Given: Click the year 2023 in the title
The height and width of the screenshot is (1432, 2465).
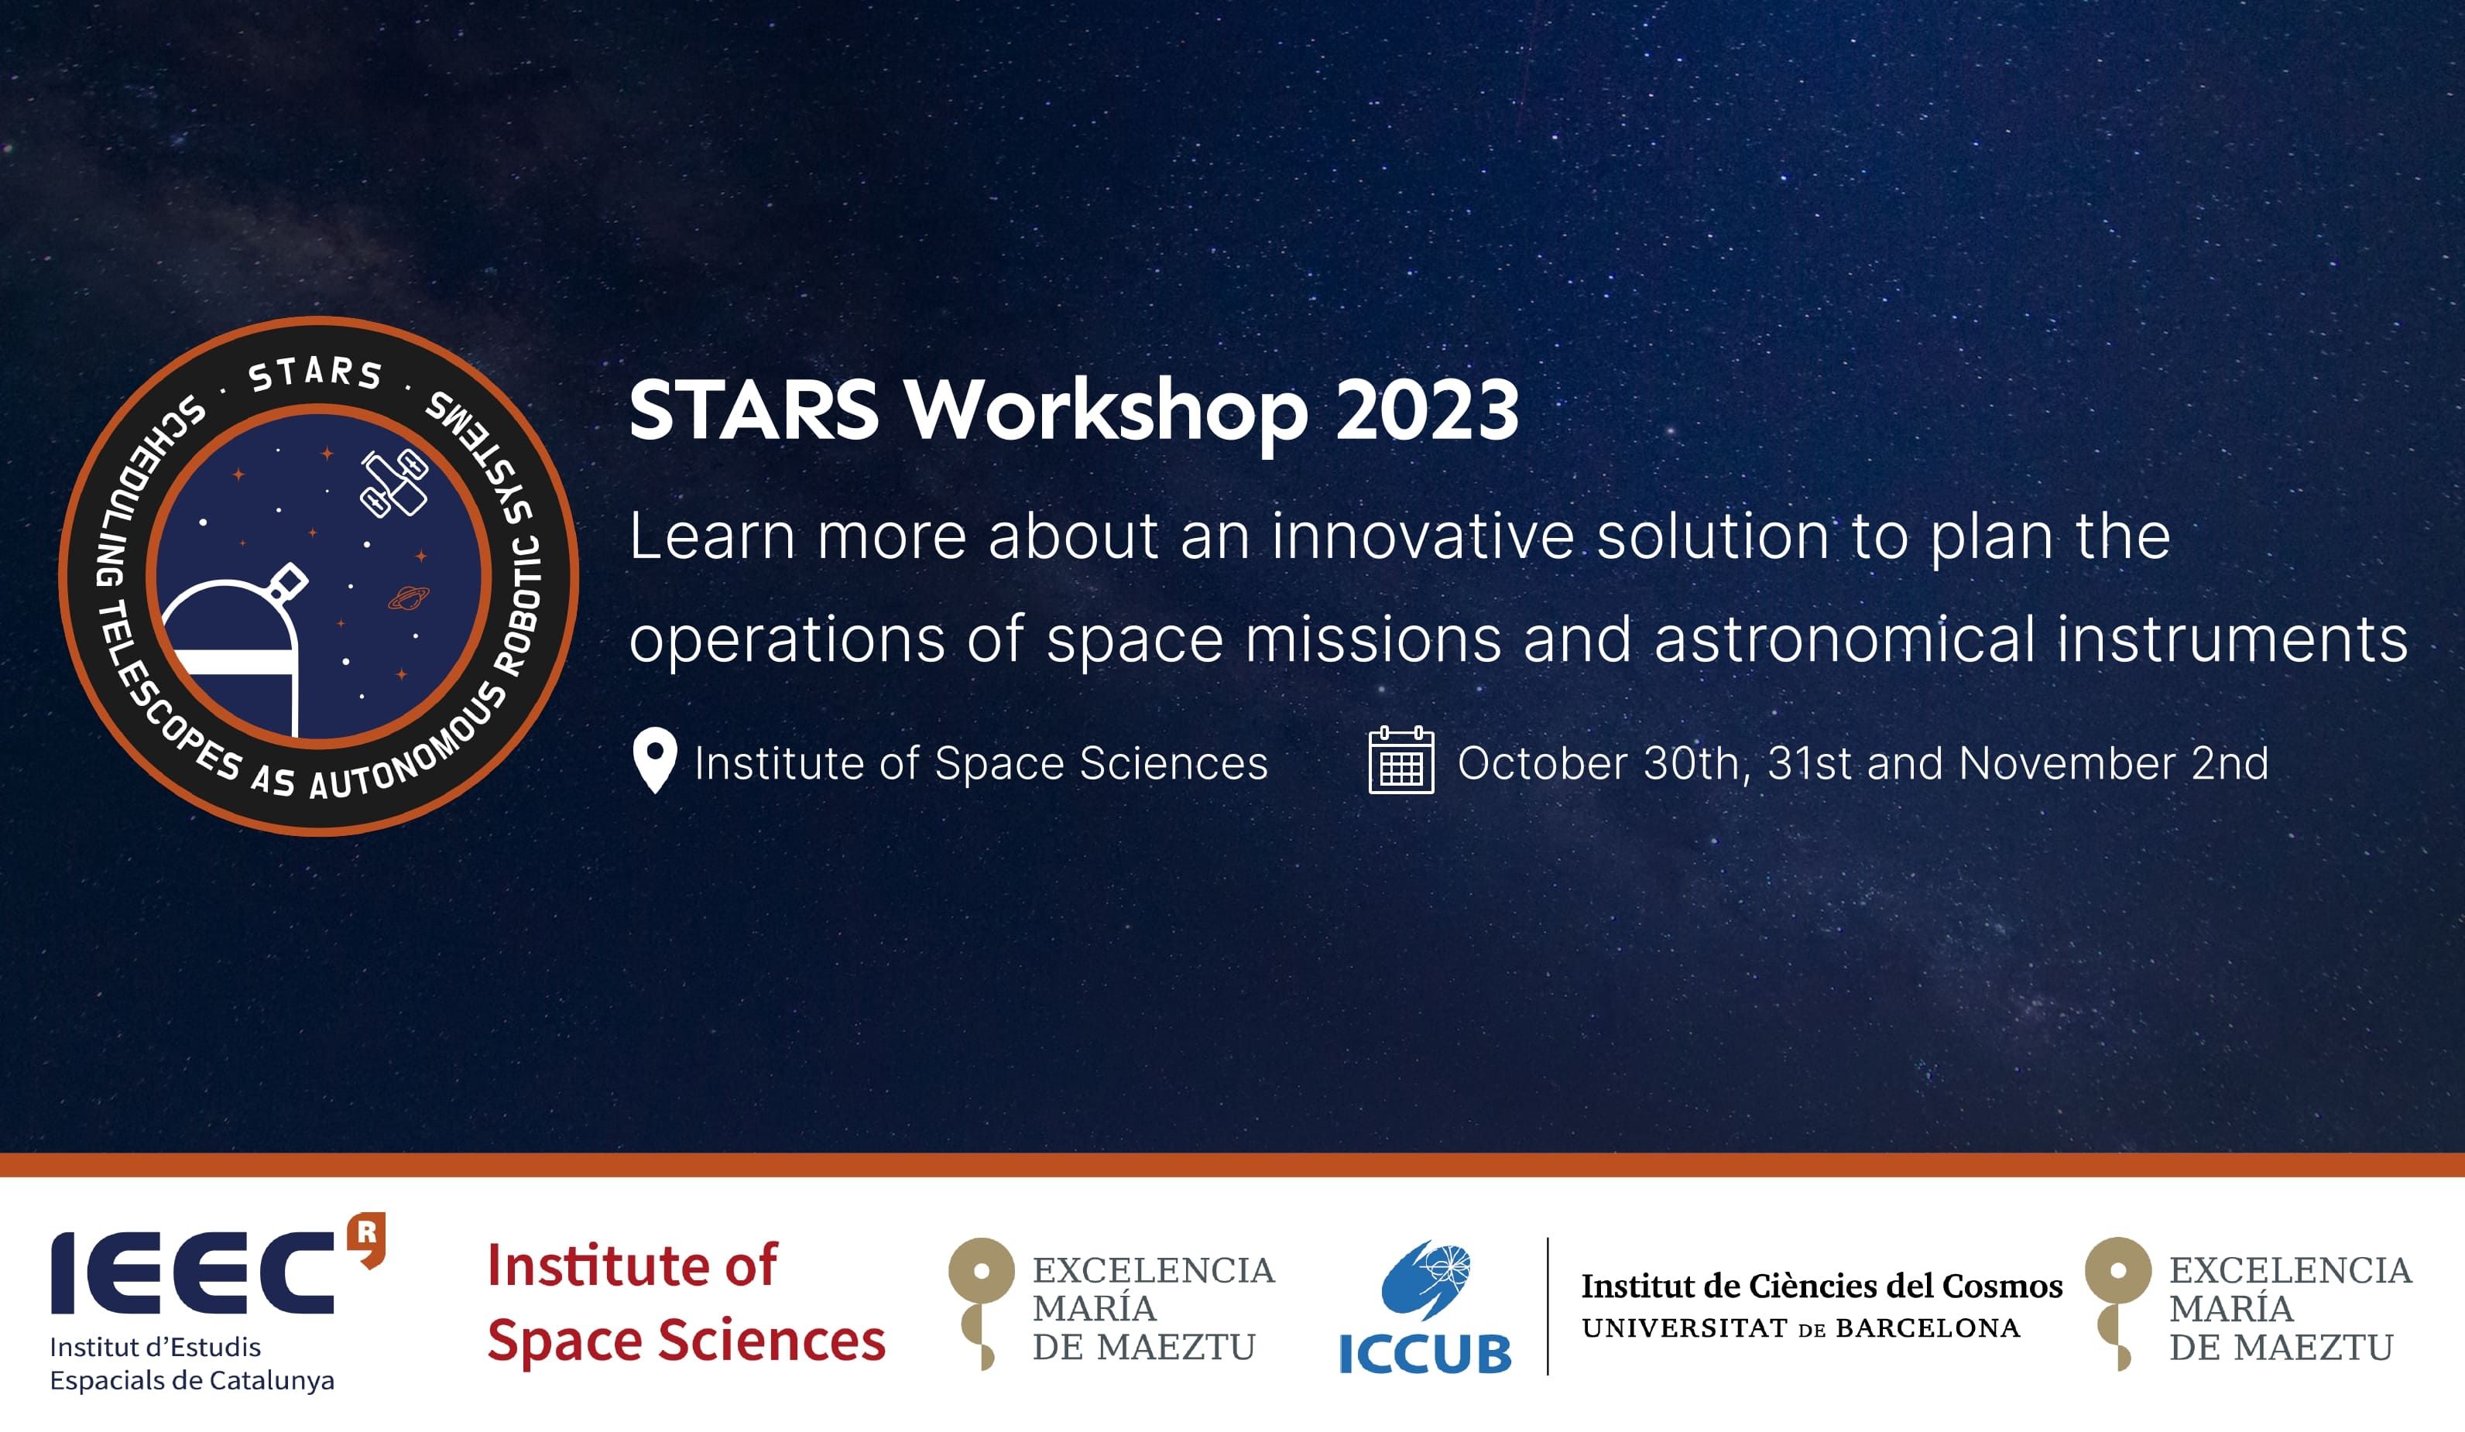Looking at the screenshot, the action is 1427,411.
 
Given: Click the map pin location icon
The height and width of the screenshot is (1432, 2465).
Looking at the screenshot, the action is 654,761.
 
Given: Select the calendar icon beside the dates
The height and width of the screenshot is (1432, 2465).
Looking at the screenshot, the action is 1400,760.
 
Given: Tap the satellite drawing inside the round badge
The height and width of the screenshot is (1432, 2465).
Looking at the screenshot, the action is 394,482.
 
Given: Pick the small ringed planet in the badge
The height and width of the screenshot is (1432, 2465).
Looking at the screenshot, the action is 409,597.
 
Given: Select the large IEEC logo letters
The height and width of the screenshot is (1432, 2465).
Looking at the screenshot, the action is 192,1273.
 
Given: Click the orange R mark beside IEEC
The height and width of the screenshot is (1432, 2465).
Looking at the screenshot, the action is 367,1239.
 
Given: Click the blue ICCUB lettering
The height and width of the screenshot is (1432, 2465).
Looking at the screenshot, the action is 1424,1355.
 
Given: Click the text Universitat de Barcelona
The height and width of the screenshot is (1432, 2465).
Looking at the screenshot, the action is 1801,1328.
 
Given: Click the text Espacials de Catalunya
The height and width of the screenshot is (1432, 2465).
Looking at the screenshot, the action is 192,1381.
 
